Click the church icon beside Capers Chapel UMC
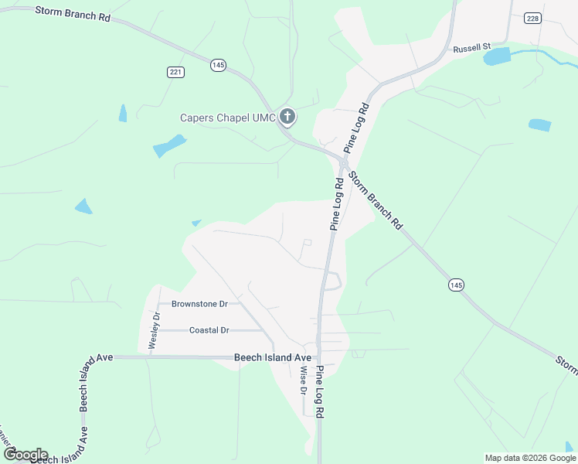pos(287,118)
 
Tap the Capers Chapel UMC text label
pos(228,118)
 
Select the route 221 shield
pos(175,72)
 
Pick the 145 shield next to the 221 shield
pos(218,66)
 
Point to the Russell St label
pos(472,47)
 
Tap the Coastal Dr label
pos(209,330)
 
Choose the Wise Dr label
pos(303,379)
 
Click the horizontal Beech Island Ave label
pos(272,358)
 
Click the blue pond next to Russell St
pos(498,56)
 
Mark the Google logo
pos(25,455)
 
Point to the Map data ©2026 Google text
pos(530,458)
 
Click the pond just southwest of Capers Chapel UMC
pos(169,145)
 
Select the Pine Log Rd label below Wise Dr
pos(319,392)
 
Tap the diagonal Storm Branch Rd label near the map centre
pos(376,200)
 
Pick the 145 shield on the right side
pos(456,285)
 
